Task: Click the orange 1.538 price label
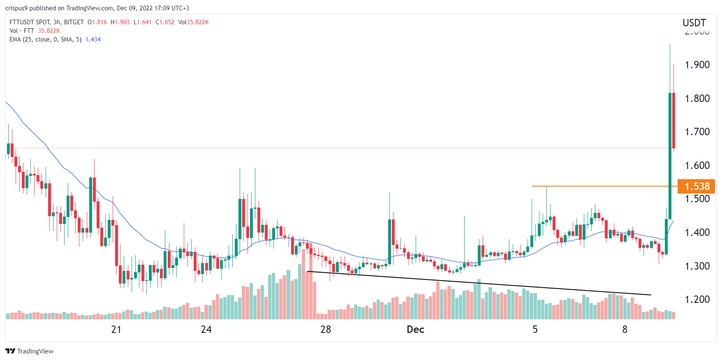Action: tap(697, 187)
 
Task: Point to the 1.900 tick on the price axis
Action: tap(697, 65)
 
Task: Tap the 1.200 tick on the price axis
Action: tap(697, 300)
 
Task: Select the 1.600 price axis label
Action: tap(697, 166)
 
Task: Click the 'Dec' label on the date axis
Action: tap(415, 330)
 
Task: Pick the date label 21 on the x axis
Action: tap(116, 330)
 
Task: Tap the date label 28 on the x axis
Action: tap(326, 330)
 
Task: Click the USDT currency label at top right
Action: tap(694, 23)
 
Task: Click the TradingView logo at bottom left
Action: tap(29, 351)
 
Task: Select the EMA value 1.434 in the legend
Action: tap(93, 39)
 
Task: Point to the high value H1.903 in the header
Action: tap(120, 22)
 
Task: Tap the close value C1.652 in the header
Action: tap(165, 22)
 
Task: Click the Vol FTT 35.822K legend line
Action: tap(35, 31)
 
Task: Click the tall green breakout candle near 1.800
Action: tap(670, 156)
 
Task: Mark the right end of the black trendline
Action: tap(651, 295)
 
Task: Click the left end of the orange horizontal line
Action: tap(532, 186)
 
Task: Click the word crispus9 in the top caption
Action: tap(16, 8)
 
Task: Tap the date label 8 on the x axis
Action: tap(625, 330)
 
